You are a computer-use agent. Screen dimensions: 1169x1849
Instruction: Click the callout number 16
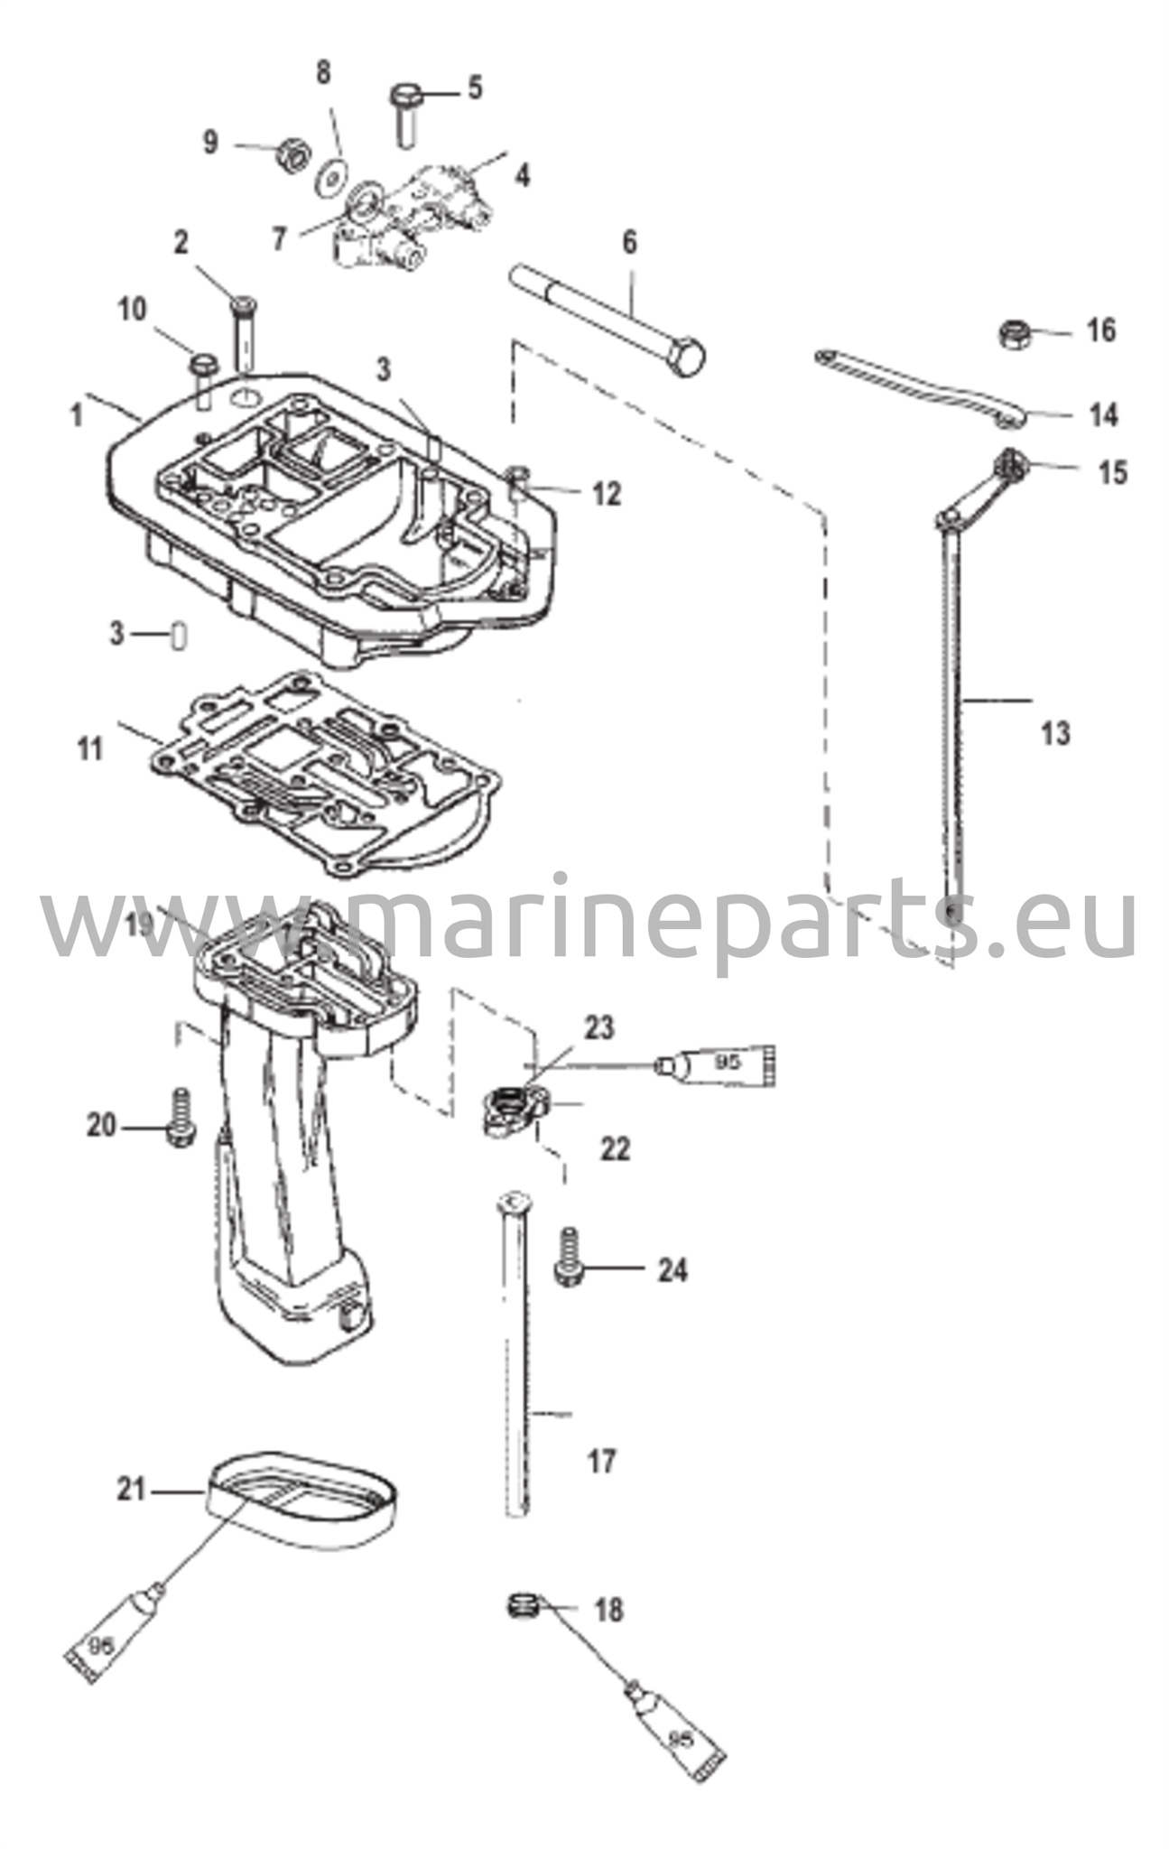click(1101, 330)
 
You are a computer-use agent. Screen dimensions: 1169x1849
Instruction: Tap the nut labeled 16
click(1016, 334)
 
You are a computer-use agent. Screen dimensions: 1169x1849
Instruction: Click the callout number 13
click(1055, 733)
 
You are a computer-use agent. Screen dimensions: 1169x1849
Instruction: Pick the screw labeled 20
click(181, 1118)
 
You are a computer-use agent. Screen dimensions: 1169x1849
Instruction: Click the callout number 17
click(601, 1460)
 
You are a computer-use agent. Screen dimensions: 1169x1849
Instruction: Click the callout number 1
click(77, 415)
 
